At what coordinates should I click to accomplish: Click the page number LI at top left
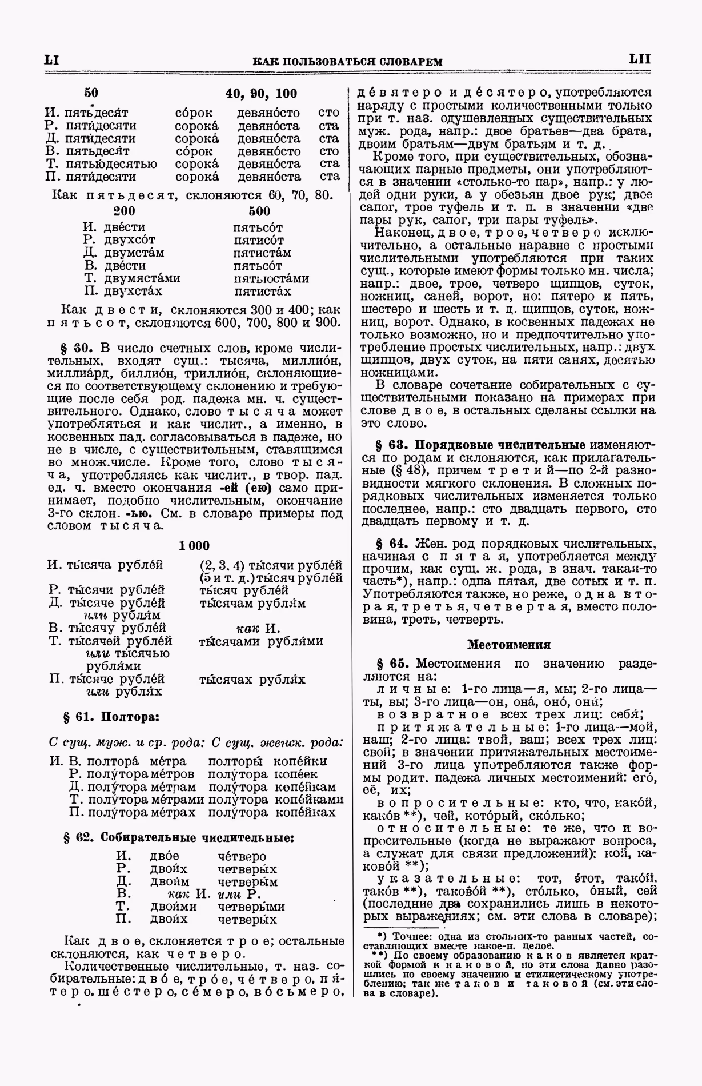(x=52, y=60)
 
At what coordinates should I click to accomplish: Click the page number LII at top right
(x=639, y=59)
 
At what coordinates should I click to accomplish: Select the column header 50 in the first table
(x=91, y=93)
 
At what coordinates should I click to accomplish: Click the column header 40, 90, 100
(x=261, y=93)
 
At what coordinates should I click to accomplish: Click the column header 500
(x=259, y=211)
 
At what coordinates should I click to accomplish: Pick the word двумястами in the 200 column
(x=142, y=278)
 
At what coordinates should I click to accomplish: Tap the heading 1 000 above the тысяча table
(x=194, y=545)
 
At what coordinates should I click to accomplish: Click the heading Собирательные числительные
(x=197, y=838)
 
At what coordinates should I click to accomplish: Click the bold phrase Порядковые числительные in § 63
(x=500, y=445)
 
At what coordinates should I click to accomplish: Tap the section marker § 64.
(x=391, y=544)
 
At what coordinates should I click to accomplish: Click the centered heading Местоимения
(x=509, y=645)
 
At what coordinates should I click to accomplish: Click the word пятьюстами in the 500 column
(x=271, y=278)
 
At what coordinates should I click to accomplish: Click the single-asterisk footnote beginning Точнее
(x=510, y=937)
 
